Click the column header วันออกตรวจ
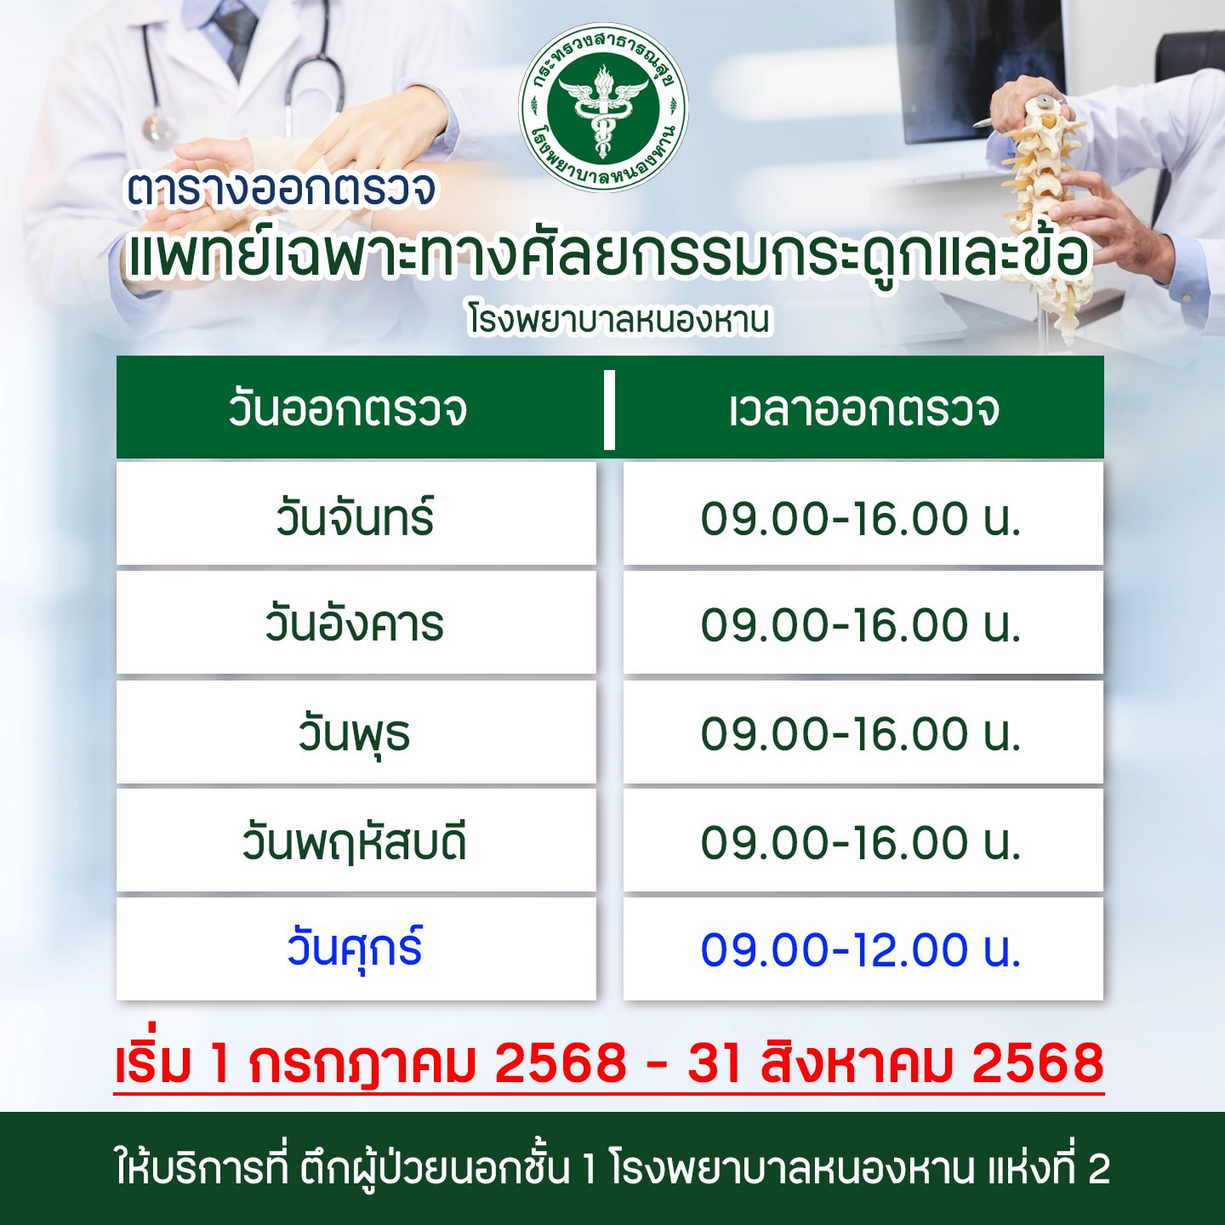(x=347, y=409)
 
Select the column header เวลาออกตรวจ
(x=863, y=409)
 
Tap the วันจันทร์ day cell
(x=356, y=516)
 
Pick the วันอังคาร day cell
(x=356, y=624)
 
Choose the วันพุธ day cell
(x=356, y=733)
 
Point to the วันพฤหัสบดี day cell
(x=356, y=842)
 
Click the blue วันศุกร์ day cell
(x=356, y=949)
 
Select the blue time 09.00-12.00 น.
(x=861, y=949)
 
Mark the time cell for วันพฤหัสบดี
(x=861, y=842)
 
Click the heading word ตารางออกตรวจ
(x=282, y=189)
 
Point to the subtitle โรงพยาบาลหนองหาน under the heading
(x=619, y=320)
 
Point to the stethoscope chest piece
(x=157, y=128)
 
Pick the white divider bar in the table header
(x=609, y=409)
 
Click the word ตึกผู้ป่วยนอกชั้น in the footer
(x=435, y=1169)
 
